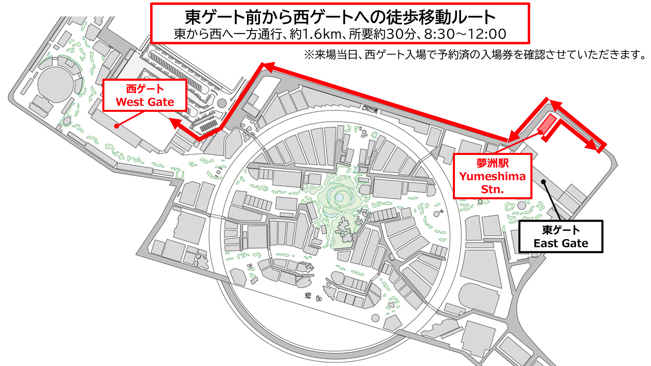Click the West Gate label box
click(x=145, y=96)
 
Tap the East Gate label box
click(x=561, y=237)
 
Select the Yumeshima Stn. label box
click(x=492, y=176)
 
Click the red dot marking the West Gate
click(x=116, y=126)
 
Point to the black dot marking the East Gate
click(x=543, y=181)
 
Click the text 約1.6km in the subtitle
click(x=315, y=34)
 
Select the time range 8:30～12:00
click(x=465, y=34)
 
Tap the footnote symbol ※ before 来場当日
click(x=309, y=54)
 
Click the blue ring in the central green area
click(x=339, y=198)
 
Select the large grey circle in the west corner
click(x=56, y=85)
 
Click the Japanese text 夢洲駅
click(x=492, y=163)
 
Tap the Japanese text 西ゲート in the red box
click(x=145, y=89)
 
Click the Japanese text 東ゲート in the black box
click(x=561, y=230)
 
